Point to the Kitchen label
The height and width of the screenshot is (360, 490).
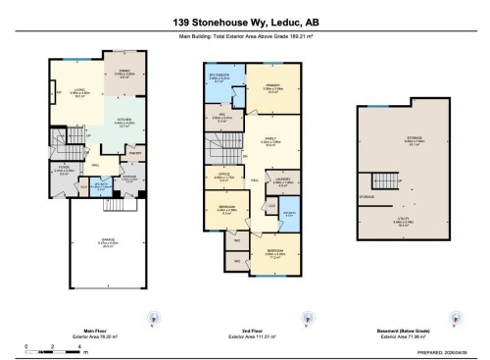click(x=124, y=123)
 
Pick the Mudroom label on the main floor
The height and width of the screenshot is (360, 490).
click(x=128, y=178)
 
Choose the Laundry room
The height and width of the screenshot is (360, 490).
click(x=282, y=181)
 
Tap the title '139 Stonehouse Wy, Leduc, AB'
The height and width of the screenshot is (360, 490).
click(x=244, y=20)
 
